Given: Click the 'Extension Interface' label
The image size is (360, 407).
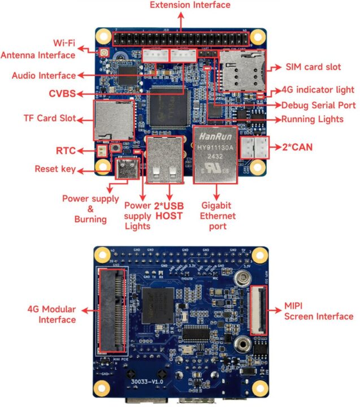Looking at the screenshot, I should (181, 5).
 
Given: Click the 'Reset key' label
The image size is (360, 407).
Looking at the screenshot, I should (54, 169).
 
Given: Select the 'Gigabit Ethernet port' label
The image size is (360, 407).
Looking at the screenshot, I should (217, 217).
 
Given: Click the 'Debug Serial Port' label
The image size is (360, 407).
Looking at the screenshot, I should (319, 105).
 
